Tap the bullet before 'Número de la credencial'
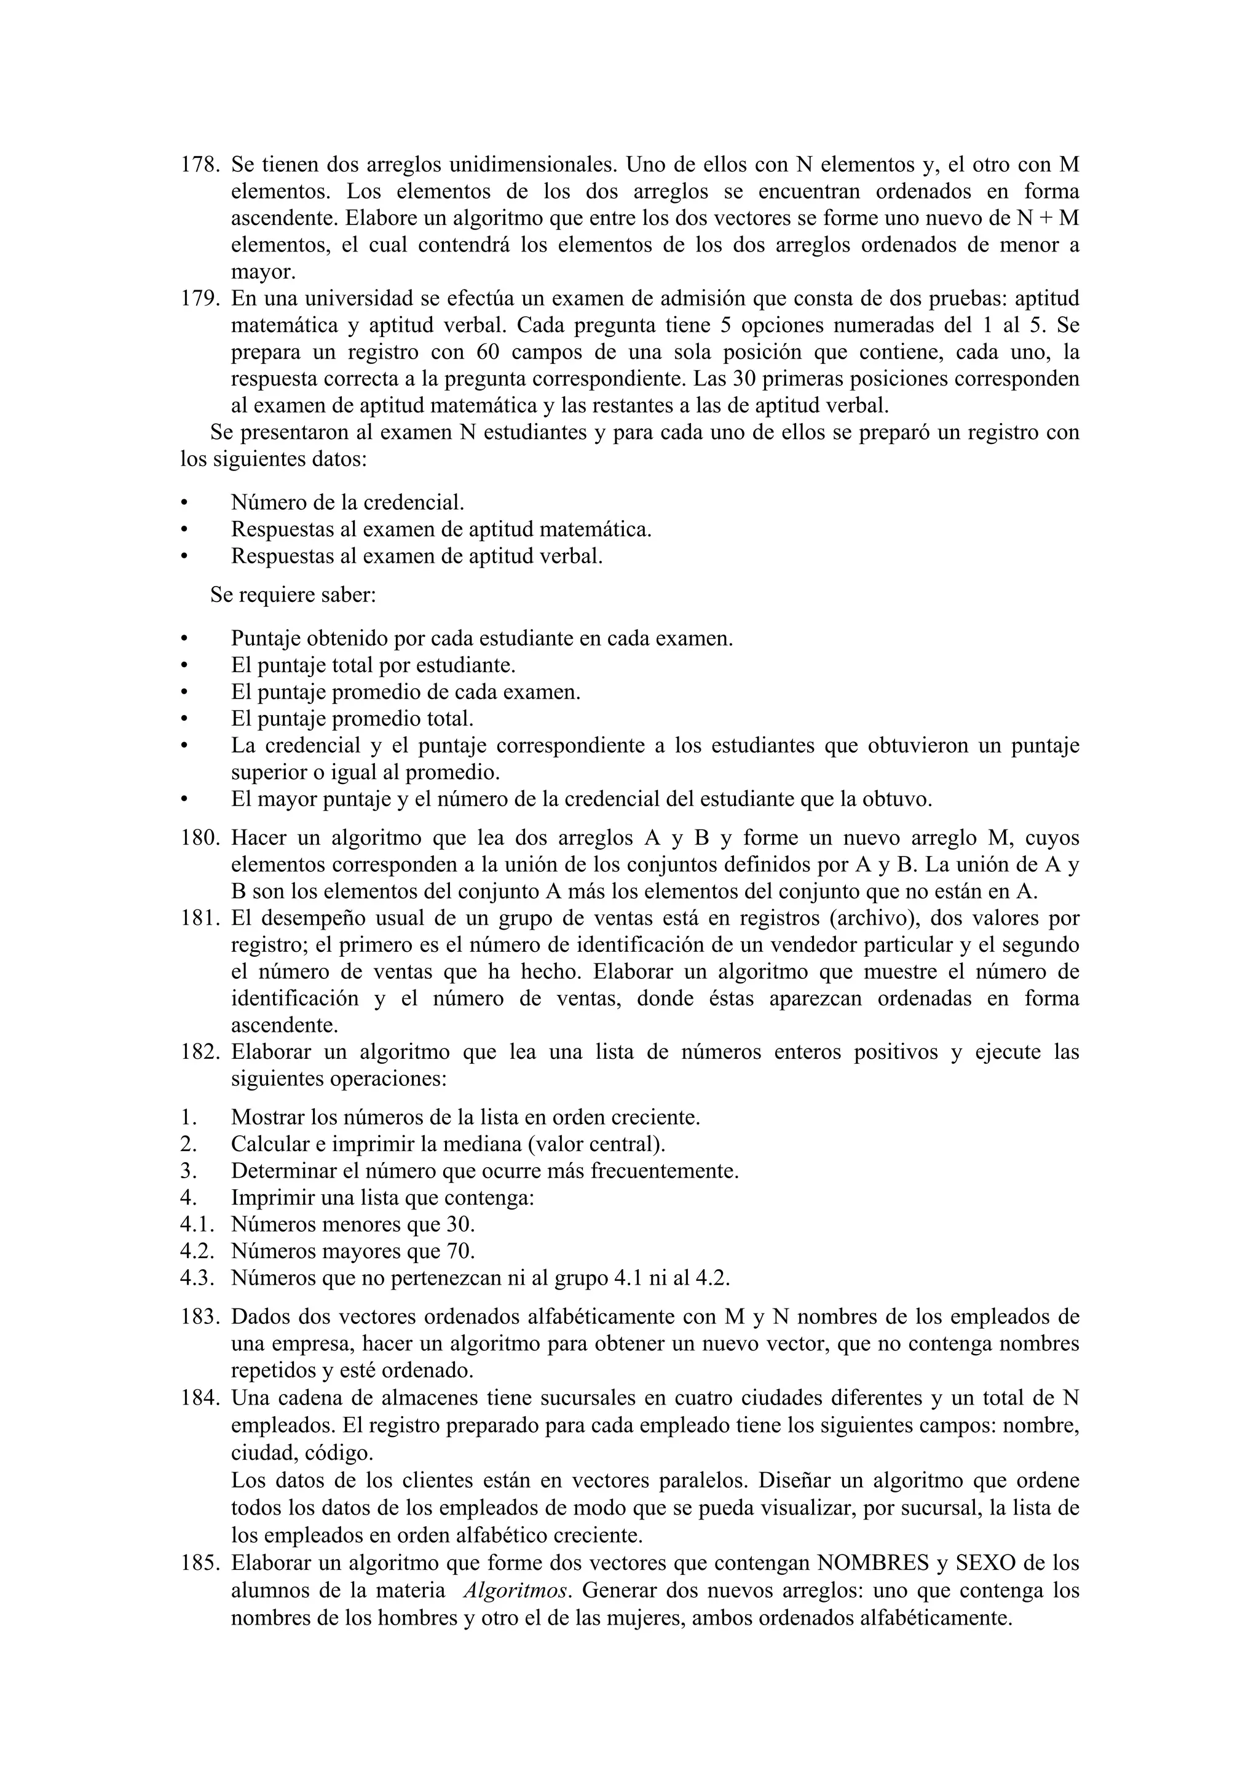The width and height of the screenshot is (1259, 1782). [184, 503]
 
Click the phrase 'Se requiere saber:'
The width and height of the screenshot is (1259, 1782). [293, 595]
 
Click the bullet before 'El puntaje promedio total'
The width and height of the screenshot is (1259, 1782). [184, 719]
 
